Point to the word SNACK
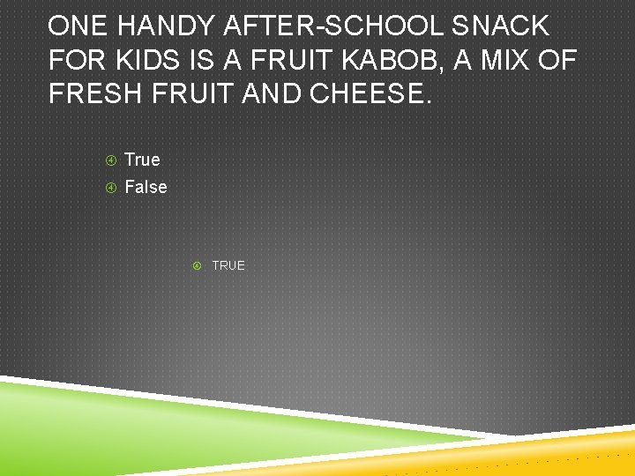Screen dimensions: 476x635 pyautogui.click(x=501, y=26)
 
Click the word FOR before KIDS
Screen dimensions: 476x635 pyautogui.click(x=76, y=61)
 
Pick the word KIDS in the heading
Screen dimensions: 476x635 pyautogui.click(x=148, y=61)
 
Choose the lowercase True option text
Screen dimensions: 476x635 pyautogui.click(x=142, y=160)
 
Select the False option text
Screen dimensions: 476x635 pyautogui.click(x=146, y=187)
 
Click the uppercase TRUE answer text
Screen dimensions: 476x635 pyautogui.click(x=228, y=265)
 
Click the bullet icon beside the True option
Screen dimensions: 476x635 pyautogui.click(x=111, y=160)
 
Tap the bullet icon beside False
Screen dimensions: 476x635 pyautogui.click(x=111, y=188)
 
